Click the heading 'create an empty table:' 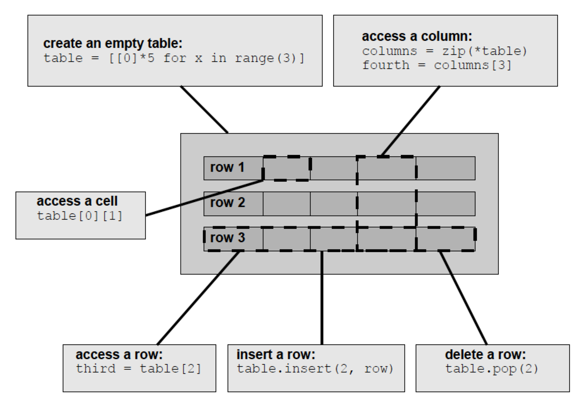[113, 43]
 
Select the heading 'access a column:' [417, 36]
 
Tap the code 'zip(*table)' [485, 51]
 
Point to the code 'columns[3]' [472, 65]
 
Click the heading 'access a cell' [77, 201]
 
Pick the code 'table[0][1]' [80, 215]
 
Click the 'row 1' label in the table [227, 168]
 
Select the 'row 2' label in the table [227, 203]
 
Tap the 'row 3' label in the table [227, 238]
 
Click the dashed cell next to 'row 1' [287, 168]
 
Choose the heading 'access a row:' [119, 354]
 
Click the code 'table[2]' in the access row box [170, 369]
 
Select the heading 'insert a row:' [276, 354]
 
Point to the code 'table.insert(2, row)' [315, 369]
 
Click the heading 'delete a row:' [485, 354]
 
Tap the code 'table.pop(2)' [492, 369]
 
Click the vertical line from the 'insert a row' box [322, 299]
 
